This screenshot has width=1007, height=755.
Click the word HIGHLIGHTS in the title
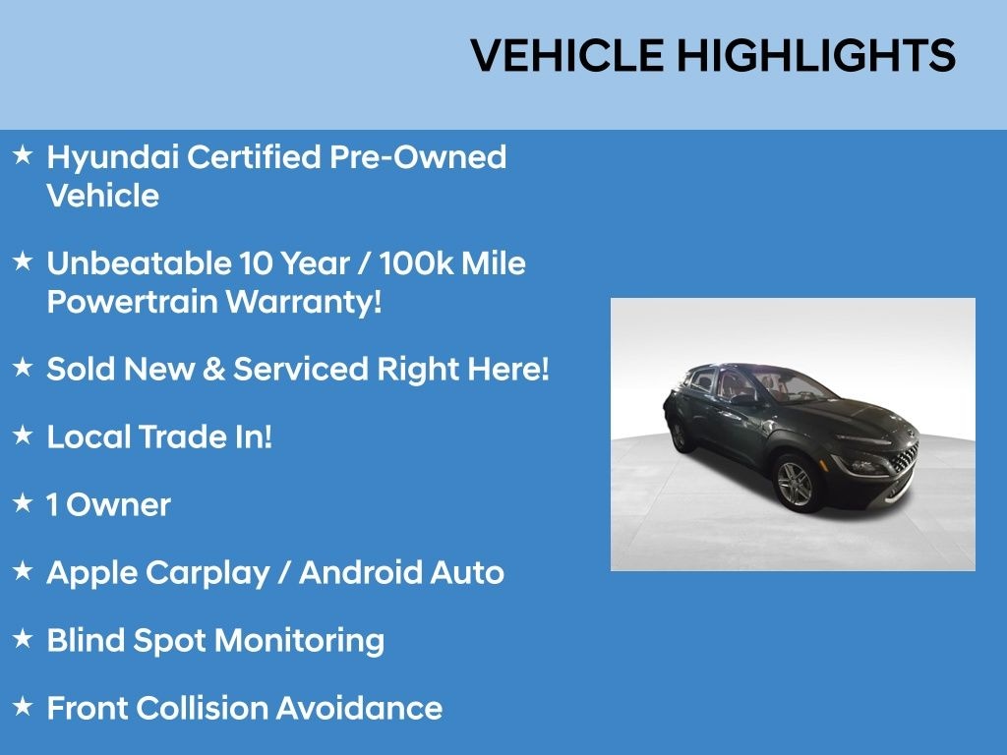point(816,56)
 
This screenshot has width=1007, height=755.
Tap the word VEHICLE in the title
point(567,56)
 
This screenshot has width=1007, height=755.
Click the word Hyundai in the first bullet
point(111,157)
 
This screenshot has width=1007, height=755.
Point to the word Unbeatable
point(138,263)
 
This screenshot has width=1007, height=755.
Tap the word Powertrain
point(133,302)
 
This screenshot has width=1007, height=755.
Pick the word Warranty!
point(304,302)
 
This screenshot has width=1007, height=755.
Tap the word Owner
point(118,505)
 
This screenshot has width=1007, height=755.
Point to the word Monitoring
point(299,640)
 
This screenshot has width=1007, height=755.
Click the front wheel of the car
point(795,481)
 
